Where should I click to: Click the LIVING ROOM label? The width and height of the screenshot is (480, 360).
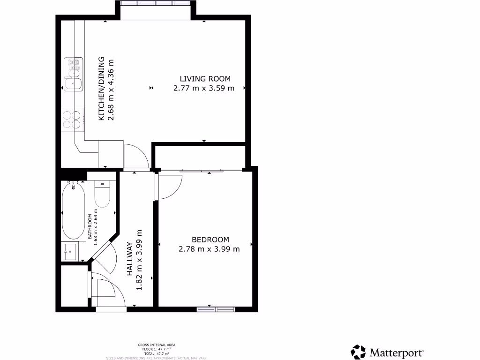(205, 79)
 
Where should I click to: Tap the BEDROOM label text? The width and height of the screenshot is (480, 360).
(210, 239)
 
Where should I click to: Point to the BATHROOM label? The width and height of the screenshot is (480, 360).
(90, 227)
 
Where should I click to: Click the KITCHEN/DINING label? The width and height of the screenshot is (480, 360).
(101, 89)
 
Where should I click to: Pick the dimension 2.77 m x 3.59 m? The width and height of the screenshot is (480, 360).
(203, 88)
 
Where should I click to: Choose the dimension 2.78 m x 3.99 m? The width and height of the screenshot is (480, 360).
(209, 249)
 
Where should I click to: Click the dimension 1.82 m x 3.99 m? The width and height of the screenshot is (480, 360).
(139, 260)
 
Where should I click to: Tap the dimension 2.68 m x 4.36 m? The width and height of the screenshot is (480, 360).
(111, 89)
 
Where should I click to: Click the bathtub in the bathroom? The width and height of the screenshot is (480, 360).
(74, 211)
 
